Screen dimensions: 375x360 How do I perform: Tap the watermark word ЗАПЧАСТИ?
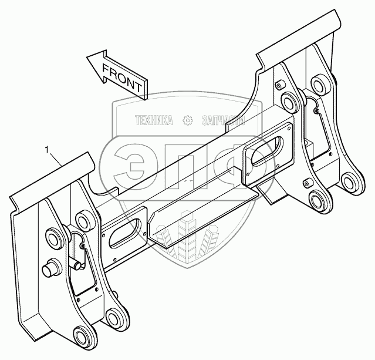222,121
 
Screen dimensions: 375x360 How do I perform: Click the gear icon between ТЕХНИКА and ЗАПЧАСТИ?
188,121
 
